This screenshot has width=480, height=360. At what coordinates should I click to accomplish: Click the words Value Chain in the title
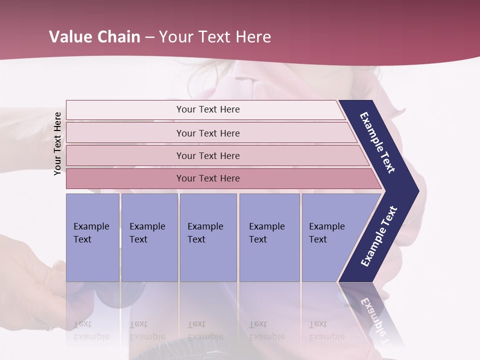(x=94, y=37)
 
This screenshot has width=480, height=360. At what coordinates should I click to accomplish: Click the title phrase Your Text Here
(x=215, y=37)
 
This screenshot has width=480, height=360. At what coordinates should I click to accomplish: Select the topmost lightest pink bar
(x=125, y=110)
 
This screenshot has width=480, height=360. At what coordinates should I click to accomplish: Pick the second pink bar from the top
(x=125, y=133)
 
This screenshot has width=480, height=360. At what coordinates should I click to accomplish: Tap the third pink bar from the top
(x=125, y=155)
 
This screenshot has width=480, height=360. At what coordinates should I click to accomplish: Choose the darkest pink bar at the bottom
(x=125, y=178)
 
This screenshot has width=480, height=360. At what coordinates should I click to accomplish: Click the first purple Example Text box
(x=92, y=260)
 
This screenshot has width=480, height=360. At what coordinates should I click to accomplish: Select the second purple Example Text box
(x=149, y=260)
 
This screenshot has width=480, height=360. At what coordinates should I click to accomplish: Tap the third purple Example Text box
(x=208, y=260)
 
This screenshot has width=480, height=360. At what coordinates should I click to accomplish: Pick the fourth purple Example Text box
(x=269, y=260)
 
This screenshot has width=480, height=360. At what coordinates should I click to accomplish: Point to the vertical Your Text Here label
(x=57, y=143)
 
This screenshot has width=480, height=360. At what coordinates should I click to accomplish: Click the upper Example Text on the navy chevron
(x=377, y=142)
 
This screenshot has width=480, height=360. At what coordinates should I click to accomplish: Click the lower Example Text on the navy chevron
(x=379, y=236)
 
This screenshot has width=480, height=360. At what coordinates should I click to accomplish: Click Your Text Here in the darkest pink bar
(x=208, y=178)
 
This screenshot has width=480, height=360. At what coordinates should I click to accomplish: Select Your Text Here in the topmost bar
(x=208, y=109)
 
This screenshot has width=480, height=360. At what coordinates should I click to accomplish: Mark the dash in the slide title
(x=149, y=37)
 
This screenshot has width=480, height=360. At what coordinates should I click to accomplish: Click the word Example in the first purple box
(x=91, y=226)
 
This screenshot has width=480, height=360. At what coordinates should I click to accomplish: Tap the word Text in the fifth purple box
(x=318, y=239)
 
